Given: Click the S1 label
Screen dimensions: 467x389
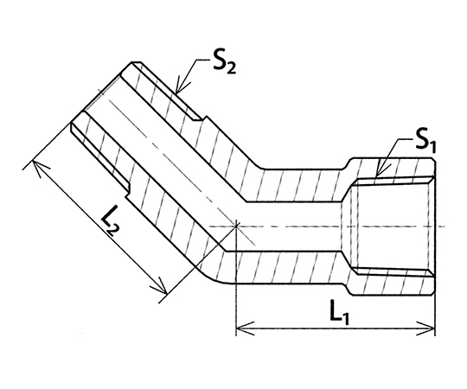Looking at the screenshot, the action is (x=425, y=143).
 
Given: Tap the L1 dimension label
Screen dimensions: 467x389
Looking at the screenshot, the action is (x=339, y=312).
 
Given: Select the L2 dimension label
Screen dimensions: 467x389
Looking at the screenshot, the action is (x=111, y=225).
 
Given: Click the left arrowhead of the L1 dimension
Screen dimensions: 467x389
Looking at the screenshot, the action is (x=244, y=328).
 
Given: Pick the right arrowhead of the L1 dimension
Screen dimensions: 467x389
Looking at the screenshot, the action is (x=426, y=328).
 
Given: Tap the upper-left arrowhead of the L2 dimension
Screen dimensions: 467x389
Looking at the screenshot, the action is (x=38, y=167).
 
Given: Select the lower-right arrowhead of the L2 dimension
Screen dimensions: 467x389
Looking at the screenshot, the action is (x=160, y=286).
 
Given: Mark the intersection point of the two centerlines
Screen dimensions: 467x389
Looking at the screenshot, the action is (x=236, y=226).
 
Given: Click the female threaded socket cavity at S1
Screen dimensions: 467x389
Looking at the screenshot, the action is (x=393, y=226).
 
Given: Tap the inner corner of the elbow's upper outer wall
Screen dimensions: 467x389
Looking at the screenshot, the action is (x=262, y=169).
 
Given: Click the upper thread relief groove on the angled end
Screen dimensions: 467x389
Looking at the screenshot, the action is (x=167, y=91).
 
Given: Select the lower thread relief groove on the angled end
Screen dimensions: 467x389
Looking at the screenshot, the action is (x=99, y=157).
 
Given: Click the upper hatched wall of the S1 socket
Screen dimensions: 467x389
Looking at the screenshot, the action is (x=390, y=169).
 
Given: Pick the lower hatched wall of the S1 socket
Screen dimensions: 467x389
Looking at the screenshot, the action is (x=390, y=283).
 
